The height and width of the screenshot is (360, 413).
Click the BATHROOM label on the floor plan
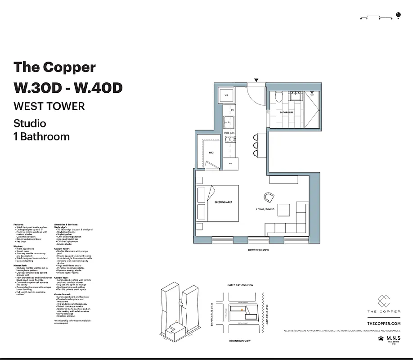click(x=286, y=112)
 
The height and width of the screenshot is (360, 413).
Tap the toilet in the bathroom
click(x=279, y=96)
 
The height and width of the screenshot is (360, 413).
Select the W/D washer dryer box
click(x=226, y=95)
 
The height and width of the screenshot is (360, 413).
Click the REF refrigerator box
click(x=230, y=163)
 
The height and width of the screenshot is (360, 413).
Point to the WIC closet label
click(x=211, y=153)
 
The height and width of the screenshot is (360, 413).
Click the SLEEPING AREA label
click(x=223, y=202)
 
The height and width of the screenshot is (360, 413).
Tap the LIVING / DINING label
click(x=265, y=209)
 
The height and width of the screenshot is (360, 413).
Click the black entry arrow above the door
click(x=256, y=80)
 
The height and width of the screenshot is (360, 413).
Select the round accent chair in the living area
click(x=269, y=197)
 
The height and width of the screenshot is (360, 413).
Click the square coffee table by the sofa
click(x=284, y=210)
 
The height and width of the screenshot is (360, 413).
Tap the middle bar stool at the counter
click(x=256, y=145)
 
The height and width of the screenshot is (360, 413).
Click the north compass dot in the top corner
click(x=398, y=13)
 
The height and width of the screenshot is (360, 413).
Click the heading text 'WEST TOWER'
click(x=49, y=106)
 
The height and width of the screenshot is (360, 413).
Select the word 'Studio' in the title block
click(x=30, y=123)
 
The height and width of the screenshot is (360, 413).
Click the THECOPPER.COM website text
click(x=384, y=324)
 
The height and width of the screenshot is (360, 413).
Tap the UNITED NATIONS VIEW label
click(x=240, y=285)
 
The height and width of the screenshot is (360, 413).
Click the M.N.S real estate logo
click(x=391, y=338)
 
